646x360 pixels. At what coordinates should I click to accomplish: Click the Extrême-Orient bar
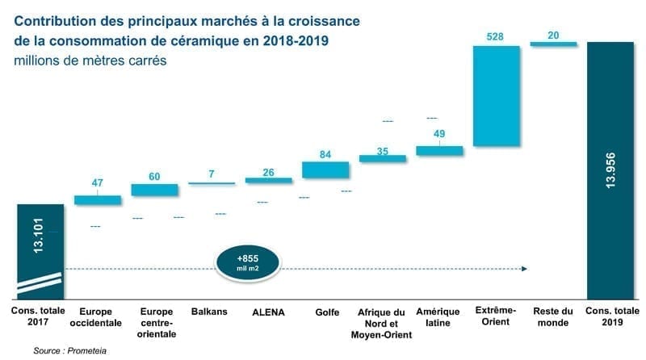pos(496,96)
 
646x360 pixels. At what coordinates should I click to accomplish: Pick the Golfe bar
pos(325,170)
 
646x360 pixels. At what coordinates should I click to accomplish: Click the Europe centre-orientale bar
pos(154,190)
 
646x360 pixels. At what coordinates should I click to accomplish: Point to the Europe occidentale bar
pos(97,200)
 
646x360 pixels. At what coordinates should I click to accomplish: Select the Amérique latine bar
pos(439,151)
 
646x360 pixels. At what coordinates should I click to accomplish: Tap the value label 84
pos(325,153)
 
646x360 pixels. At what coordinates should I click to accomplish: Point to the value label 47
pos(97,184)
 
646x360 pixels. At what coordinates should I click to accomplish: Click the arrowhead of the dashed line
pos(525,268)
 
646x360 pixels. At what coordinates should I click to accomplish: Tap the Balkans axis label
pos(210,312)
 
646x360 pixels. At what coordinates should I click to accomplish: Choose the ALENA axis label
pos(268,312)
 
